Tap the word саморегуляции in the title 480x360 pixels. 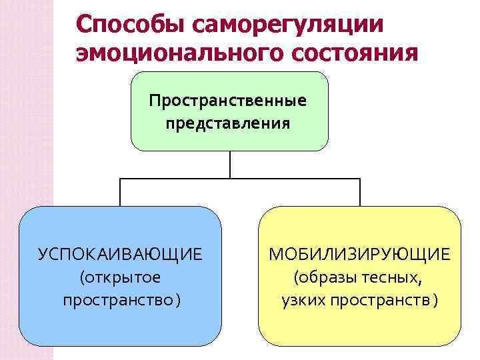[288, 25]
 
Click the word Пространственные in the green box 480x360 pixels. [229, 101]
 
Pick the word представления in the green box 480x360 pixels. [229, 123]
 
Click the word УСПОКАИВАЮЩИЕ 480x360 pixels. [121, 255]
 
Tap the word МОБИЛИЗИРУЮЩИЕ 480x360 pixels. [359, 255]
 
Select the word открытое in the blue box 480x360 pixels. [123, 277]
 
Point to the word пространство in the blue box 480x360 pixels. [117, 300]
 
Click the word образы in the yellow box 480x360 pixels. [329, 277]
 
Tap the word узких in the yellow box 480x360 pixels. [305, 300]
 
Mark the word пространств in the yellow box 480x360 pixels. [380, 300]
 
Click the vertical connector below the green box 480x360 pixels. [230, 165]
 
